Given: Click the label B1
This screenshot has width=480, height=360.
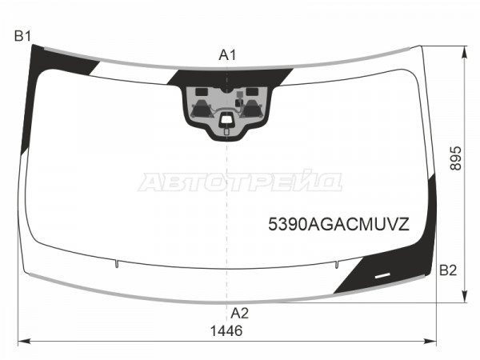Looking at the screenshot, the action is (22, 37).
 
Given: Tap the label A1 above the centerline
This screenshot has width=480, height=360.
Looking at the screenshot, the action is (227, 55).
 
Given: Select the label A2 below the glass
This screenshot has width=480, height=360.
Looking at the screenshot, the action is (239, 313).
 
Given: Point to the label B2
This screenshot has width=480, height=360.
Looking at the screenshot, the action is (448, 270).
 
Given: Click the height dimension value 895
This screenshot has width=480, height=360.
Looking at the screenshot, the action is (456, 158).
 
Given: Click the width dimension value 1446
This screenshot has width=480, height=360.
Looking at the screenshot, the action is (226, 331).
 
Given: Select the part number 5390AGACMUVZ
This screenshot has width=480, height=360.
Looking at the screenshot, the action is (338, 224).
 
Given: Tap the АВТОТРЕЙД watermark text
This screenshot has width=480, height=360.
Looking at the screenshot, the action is (240, 181).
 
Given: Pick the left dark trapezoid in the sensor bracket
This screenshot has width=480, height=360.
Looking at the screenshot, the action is (201, 109).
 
